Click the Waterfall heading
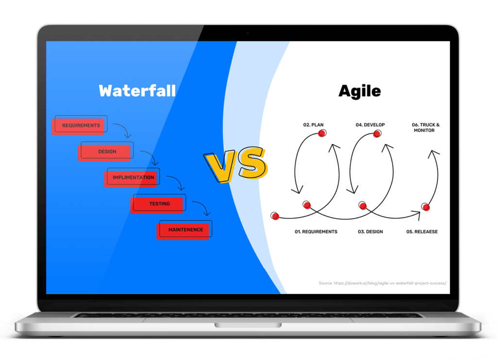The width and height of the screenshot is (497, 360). coord(137,91)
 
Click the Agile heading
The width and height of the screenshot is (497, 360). coord(360,91)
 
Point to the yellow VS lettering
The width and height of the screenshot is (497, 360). coord(236,164)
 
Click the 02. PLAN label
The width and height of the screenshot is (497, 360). coord(313,125)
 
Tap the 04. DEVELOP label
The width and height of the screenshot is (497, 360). coord(370,125)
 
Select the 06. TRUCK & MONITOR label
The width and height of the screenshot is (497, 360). coord(425,127)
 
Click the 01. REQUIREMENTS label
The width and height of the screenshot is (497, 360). coord(315,232)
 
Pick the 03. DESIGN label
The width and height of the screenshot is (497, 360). coord(370,232)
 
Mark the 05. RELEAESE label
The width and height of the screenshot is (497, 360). coord(422,232)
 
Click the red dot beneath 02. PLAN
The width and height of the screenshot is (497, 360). coord(322,133)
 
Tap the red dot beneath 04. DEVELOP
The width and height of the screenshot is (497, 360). coord(377,134)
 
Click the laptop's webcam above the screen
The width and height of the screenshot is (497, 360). coord(248,34)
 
